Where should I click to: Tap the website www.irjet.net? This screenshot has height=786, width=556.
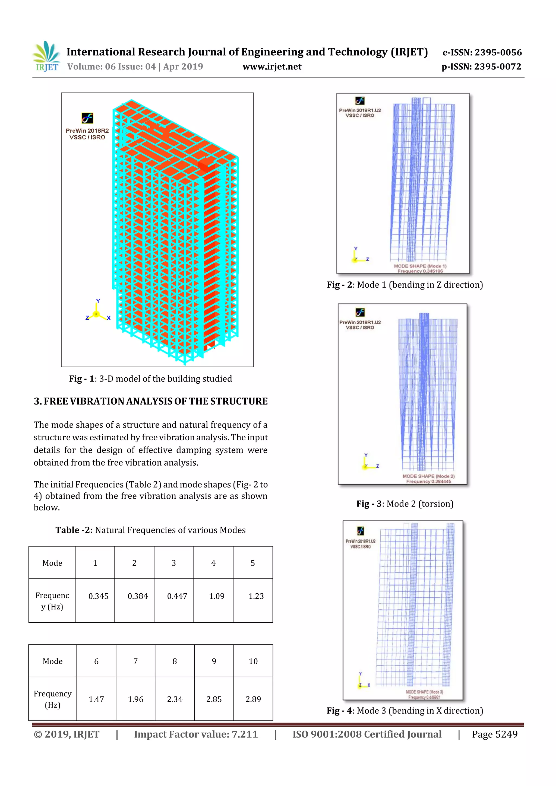point(272,67)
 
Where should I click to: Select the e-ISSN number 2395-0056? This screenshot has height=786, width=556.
point(482,52)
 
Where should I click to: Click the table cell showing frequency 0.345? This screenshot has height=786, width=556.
point(98,596)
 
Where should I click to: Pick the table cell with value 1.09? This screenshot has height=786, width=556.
point(216,596)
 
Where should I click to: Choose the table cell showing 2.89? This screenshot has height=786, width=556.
point(253,699)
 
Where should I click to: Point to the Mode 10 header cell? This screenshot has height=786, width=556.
point(253,661)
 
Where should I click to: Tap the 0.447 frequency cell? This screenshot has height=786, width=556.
point(177,596)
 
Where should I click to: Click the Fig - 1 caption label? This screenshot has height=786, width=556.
point(150,379)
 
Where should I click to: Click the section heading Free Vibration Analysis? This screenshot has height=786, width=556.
point(151,401)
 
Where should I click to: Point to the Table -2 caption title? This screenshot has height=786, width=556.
point(150,530)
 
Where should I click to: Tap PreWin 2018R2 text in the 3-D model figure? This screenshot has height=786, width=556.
point(87,131)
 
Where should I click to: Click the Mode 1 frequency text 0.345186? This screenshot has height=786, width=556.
point(420,271)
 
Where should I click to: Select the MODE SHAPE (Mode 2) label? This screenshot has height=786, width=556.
point(429,476)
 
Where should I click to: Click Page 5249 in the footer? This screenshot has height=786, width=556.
point(494,734)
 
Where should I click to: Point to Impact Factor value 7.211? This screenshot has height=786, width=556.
point(196,734)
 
